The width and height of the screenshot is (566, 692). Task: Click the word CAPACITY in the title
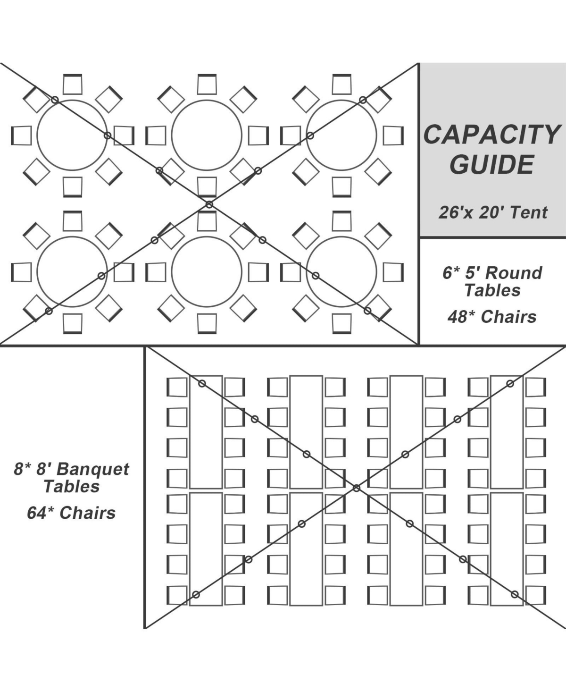(x=491, y=135)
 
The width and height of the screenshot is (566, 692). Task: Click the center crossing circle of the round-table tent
(x=209, y=204)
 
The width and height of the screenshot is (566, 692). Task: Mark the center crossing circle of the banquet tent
(x=357, y=488)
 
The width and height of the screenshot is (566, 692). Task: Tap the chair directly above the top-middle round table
(x=207, y=84)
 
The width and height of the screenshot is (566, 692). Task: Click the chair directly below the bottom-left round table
(x=73, y=323)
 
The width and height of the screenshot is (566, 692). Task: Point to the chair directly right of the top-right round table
(x=393, y=135)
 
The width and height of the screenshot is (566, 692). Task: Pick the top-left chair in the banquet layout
(x=177, y=387)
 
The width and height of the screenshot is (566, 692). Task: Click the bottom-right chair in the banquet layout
(x=536, y=595)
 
